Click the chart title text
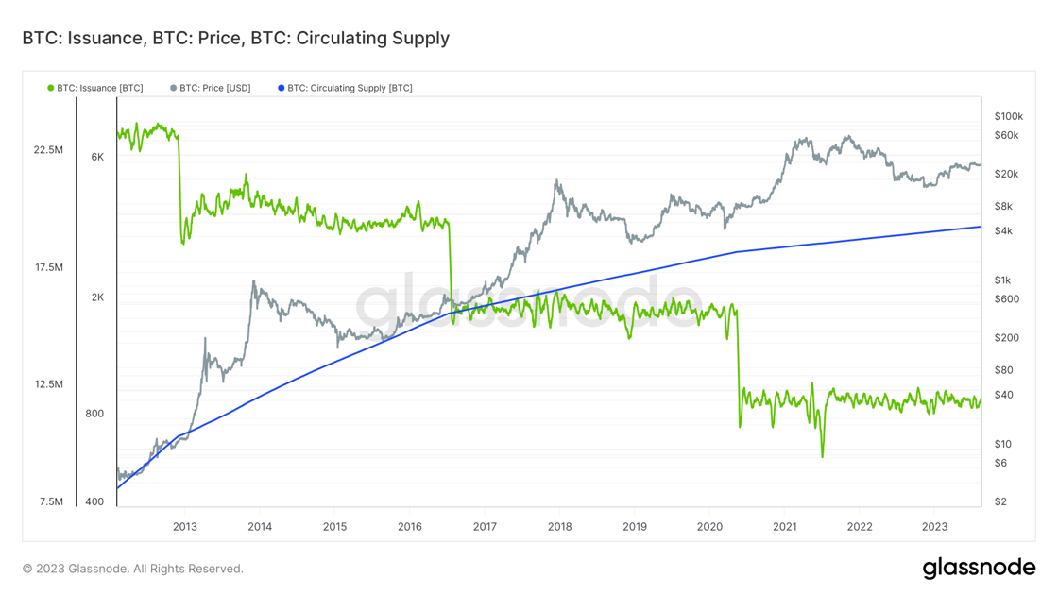235,39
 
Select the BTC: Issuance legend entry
95,88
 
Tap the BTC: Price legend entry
211,88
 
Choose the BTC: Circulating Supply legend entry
345,88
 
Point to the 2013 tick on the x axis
185,526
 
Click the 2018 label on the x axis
559,526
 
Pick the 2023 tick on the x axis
934,526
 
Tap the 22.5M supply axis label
48,150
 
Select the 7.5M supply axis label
51,501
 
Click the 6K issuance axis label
98,157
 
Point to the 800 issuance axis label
94,414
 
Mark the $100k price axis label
1009,117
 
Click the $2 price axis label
1000,501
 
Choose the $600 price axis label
1007,298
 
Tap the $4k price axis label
1003,230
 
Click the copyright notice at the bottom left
133,569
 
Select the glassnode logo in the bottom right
979,568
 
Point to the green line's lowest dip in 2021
822,456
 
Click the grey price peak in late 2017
556,180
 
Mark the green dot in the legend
51,88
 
